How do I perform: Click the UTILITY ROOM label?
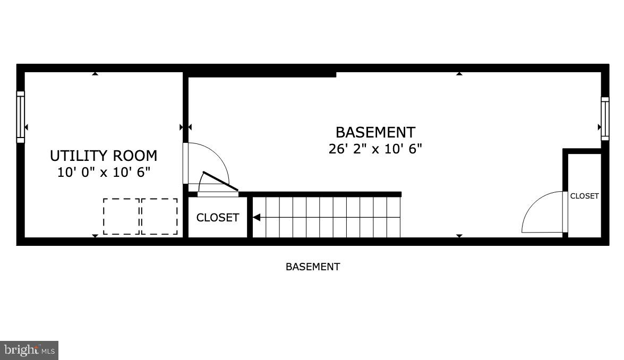104,156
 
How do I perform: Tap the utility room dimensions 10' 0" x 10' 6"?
104,172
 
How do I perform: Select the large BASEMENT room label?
375,132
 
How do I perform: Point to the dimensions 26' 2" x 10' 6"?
375,149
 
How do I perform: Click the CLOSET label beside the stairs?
218,218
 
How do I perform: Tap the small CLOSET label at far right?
584,196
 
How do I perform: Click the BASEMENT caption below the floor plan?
313,267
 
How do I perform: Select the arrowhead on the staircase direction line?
256,217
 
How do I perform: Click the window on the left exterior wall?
21,117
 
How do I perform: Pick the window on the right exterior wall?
605,118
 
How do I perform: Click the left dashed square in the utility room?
121,216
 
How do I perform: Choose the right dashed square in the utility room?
159,216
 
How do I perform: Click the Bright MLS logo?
29,350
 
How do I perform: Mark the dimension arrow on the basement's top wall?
459,74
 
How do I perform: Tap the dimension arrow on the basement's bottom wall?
459,236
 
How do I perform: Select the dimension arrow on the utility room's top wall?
95,74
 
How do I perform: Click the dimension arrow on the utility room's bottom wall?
95,236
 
